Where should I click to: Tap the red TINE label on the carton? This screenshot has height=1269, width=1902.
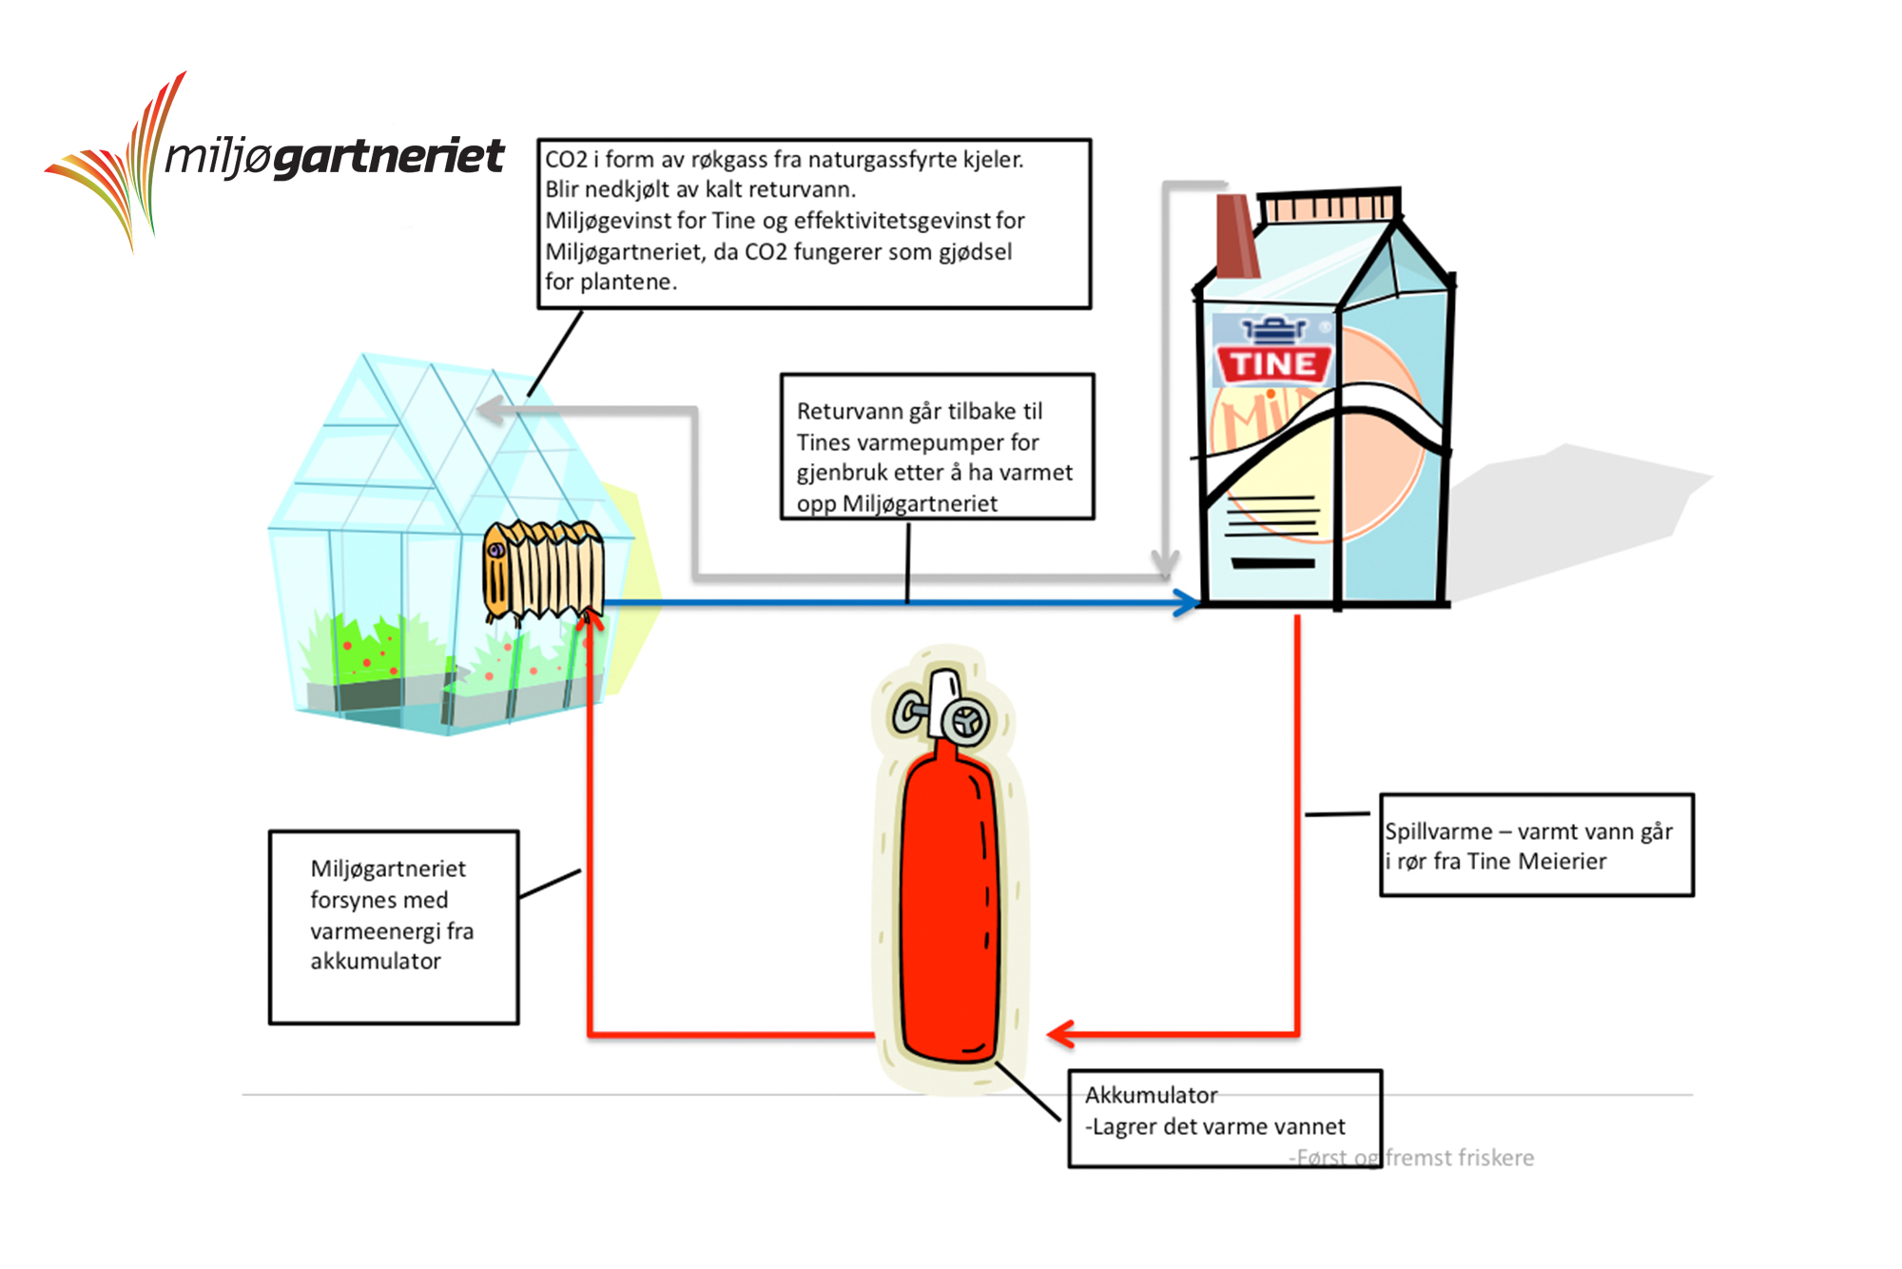pos(1273,363)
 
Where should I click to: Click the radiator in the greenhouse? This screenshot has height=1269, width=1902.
pos(543,570)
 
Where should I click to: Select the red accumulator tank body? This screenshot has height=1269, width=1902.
pos(949,913)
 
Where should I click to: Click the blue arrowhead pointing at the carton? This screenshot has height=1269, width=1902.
pos(1186,602)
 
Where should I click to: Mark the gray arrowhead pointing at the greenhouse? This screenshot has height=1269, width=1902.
pos(491,411)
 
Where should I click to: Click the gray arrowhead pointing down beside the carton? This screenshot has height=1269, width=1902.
pos(1165,563)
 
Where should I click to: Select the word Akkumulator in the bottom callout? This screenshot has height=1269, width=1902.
pos(1151,1095)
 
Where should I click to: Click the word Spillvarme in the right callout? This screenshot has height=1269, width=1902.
pos(1438,831)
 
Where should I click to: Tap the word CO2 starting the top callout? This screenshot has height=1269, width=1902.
pos(566,160)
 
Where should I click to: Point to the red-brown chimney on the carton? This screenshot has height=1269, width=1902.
pos(1236,236)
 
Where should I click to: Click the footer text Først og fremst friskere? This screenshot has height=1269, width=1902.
pos(1412,1158)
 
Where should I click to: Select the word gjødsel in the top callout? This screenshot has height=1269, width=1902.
pos(975,252)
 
